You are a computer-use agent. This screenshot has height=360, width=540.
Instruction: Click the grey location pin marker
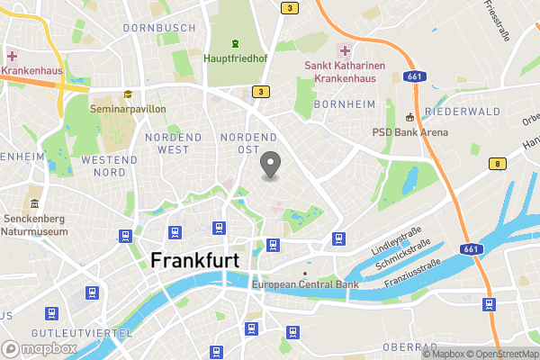tap(270, 165)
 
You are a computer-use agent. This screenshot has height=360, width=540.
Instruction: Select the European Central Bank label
tap(305, 285)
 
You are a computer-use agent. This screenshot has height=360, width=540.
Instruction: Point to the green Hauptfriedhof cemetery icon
tap(234, 44)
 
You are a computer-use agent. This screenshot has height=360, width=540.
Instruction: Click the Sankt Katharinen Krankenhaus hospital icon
tap(343, 49)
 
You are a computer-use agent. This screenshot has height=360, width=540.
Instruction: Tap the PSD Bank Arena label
tap(410, 131)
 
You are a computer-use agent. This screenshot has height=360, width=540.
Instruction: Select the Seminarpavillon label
tap(128, 109)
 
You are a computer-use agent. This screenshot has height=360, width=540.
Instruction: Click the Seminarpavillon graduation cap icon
tap(128, 94)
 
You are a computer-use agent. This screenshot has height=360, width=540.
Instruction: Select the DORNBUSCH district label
tap(159, 28)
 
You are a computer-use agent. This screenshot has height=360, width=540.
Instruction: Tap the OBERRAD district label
tap(409, 346)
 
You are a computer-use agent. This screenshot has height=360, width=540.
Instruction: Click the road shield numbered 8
tap(496, 163)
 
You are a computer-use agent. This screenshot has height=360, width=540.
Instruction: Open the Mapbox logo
tap(37, 347)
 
